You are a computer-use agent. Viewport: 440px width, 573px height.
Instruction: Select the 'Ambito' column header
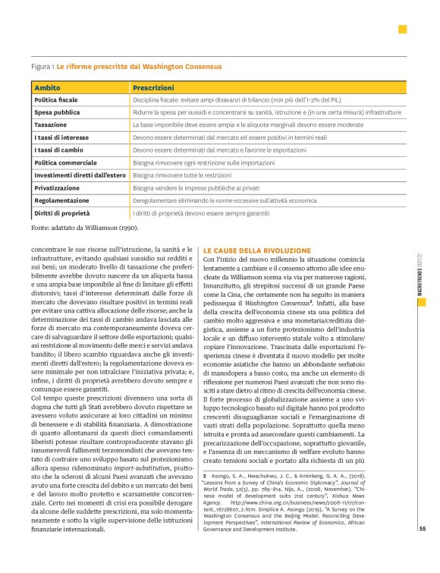tap(47, 89)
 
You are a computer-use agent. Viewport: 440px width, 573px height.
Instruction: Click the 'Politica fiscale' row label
tap(56, 100)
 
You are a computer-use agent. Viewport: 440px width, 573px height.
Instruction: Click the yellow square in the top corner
tap(402, 29)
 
